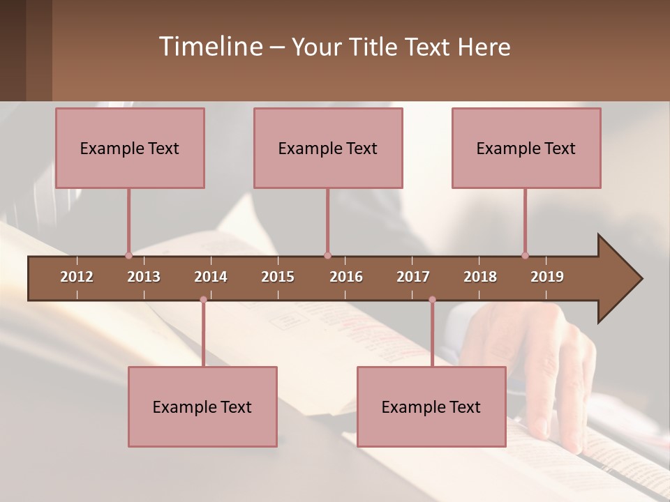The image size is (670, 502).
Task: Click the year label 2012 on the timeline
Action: coord(77,277)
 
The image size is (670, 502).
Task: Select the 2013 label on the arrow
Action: coord(144,277)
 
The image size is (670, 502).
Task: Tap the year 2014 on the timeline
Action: coord(211,277)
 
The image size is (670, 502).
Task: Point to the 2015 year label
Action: coord(278,277)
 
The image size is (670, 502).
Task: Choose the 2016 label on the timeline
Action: coord(346,277)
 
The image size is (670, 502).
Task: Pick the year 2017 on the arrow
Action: coord(413,277)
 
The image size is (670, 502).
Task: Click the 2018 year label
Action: coord(480,277)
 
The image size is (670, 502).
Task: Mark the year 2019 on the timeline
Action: coord(547,277)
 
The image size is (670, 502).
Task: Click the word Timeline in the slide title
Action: coord(209,47)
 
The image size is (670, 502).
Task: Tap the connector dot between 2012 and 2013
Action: coord(128,255)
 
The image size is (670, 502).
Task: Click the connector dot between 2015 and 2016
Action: coord(327,255)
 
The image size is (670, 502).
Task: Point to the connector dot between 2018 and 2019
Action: coord(525,255)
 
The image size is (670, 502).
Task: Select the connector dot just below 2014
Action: coord(203,300)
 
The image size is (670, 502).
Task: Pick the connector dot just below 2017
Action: coord(432,300)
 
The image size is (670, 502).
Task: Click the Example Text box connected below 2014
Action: coord(202,406)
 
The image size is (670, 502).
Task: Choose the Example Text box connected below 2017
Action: coord(431,406)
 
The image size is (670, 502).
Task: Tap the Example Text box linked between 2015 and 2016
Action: coord(328,148)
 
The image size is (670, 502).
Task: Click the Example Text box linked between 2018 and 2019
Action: coord(526,148)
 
